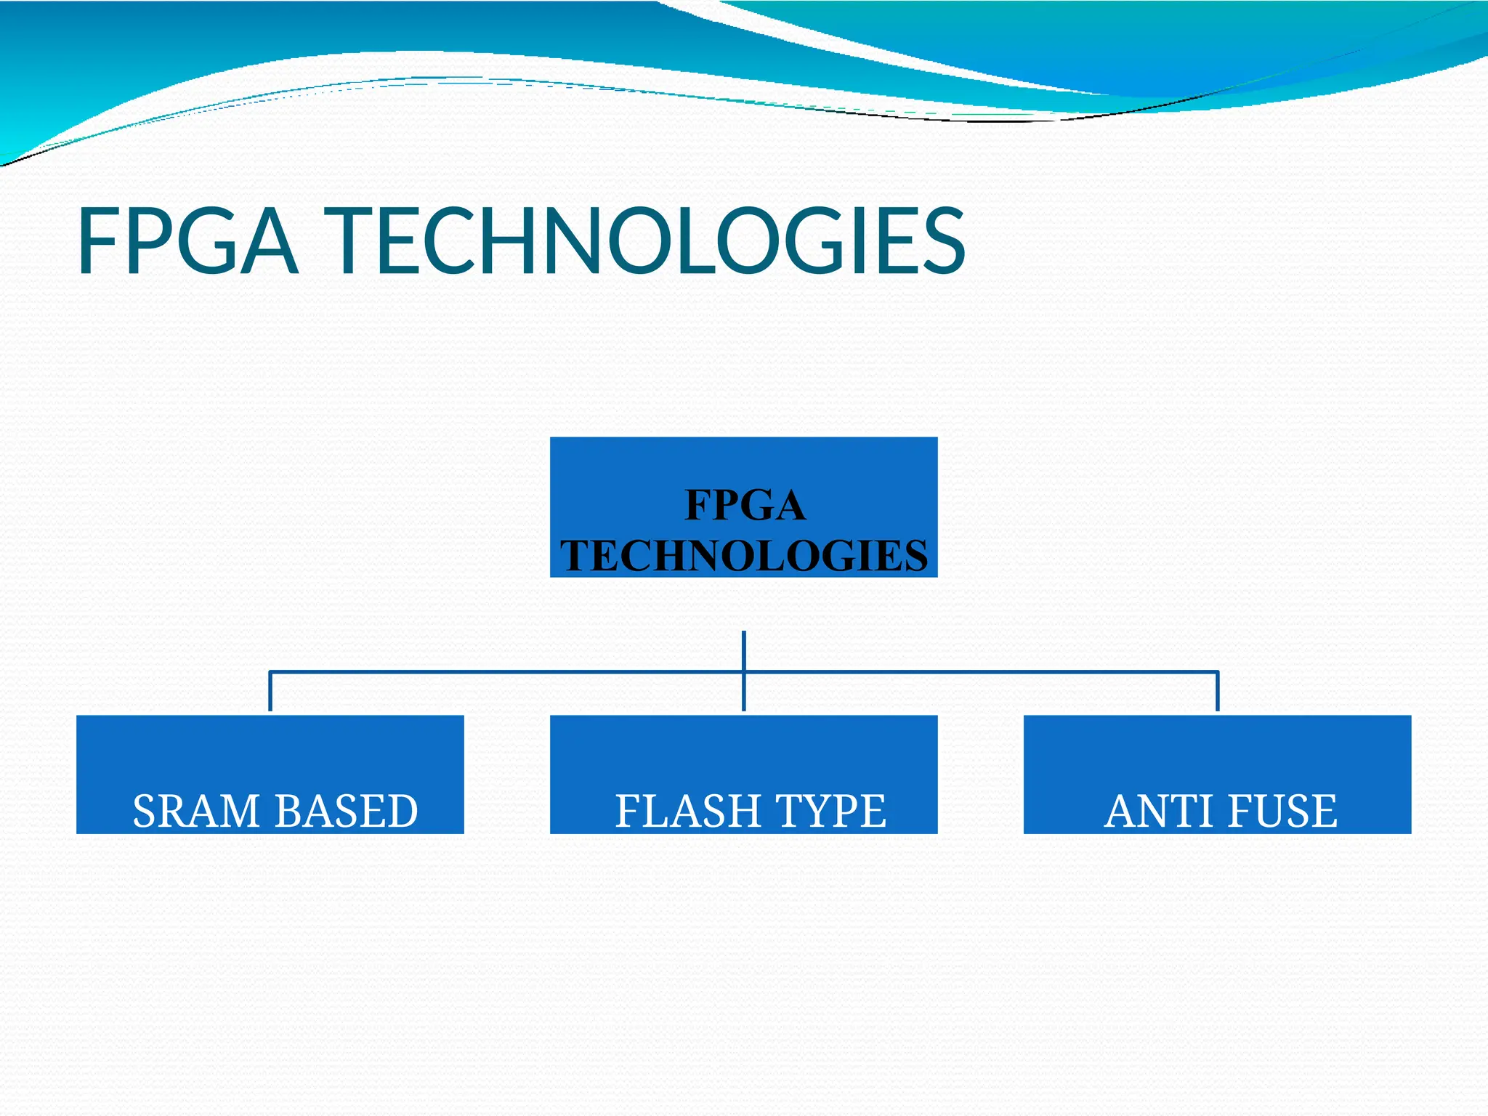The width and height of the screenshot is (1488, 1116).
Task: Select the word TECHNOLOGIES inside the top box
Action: pos(744,556)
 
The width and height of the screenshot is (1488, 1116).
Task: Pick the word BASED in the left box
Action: pos(347,811)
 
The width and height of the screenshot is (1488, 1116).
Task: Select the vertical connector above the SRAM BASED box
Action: pos(270,692)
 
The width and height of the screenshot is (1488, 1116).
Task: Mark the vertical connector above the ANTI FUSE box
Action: pos(1218,692)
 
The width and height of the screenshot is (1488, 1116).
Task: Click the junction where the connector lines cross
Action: pos(744,671)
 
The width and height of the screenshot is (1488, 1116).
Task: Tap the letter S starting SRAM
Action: pos(145,811)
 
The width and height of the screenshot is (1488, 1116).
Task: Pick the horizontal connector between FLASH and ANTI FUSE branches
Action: pos(981,671)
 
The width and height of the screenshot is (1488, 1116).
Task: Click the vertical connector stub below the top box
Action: pos(744,649)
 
